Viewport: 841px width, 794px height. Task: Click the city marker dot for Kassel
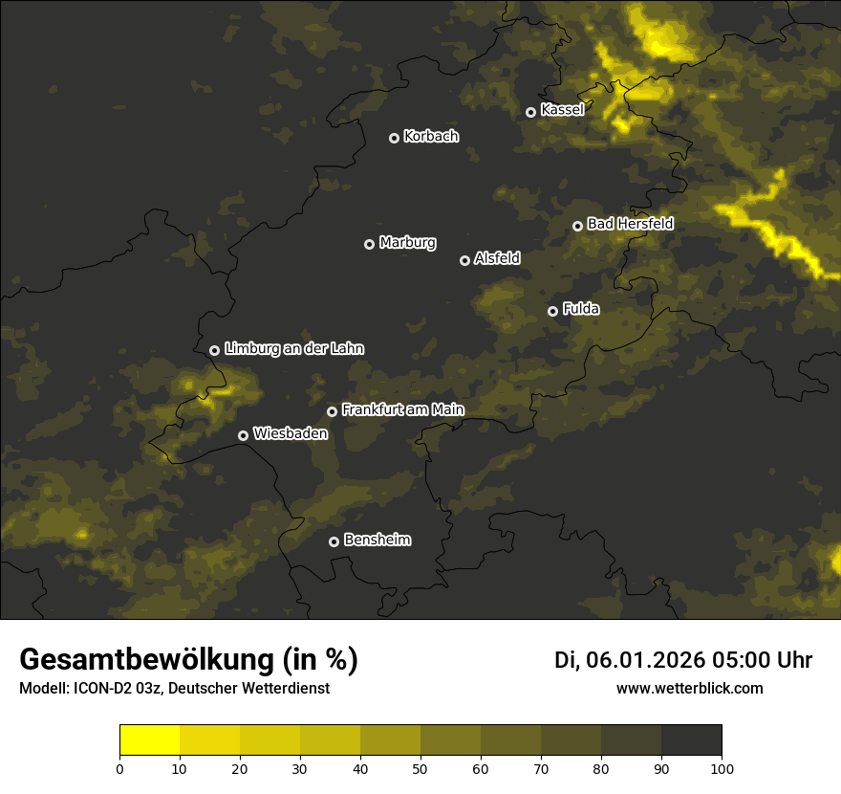click(x=530, y=112)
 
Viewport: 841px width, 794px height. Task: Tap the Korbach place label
click(x=431, y=137)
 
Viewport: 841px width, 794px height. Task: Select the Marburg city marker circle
click(x=369, y=244)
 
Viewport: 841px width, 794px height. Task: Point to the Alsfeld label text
click(x=497, y=258)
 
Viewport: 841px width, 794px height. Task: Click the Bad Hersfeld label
click(x=630, y=224)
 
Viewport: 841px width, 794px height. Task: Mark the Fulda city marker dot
click(x=552, y=311)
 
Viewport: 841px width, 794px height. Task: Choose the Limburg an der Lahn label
click(x=294, y=349)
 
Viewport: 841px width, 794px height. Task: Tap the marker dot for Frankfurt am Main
click(x=332, y=411)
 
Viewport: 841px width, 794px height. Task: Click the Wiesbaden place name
click(x=291, y=434)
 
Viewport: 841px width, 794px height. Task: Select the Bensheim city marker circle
click(x=334, y=541)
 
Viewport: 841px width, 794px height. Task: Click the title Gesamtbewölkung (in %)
click(x=188, y=660)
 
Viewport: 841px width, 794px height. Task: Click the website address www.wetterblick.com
click(x=689, y=688)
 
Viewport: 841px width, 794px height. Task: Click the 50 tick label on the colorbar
click(x=420, y=768)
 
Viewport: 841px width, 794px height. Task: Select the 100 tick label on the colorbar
click(x=722, y=768)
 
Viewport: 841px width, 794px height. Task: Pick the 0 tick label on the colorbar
click(x=119, y=768)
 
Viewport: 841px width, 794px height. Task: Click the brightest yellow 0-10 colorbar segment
click(x=149, y=740)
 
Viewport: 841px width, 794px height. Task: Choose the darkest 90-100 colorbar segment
click(x=691, y=740)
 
